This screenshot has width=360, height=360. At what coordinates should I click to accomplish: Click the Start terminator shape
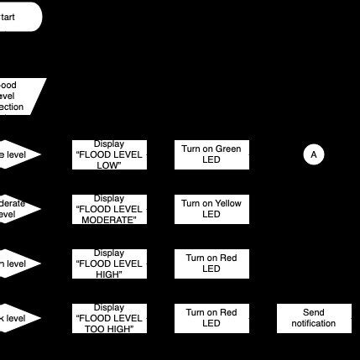click(x=17, y=17)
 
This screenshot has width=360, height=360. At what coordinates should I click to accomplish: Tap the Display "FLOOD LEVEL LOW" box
click(x=109, y=154)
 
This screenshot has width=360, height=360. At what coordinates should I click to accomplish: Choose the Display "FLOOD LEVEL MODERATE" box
click(x=109, y=209)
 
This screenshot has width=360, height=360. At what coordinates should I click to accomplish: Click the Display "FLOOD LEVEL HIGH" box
click(x=109, y=263)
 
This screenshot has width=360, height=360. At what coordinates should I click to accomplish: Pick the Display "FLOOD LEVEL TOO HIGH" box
click(x=109, y=318)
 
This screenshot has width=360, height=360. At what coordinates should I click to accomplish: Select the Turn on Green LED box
click(x=211, y=154)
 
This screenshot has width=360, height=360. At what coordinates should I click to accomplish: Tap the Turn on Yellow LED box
click(x=211, y=209)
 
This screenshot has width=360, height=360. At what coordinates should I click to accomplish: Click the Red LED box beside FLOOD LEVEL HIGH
click(x=211, y=263)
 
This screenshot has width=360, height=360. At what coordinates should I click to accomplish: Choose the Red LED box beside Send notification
click(x=211, y=318)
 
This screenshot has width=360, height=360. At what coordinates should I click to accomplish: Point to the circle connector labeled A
click(x=314, y=154)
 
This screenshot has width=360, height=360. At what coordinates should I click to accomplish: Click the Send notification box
click(x=313, y=318)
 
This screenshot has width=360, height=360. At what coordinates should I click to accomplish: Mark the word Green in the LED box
click(x=228, y=149)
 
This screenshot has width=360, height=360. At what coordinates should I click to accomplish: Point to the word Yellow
click(x=227, y=204)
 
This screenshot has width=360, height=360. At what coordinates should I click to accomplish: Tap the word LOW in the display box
click(x=109, y=165)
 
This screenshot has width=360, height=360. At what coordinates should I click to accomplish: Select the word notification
click(x=313, y=324)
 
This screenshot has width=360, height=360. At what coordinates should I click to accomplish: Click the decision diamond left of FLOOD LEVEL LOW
click(x=17, y=154)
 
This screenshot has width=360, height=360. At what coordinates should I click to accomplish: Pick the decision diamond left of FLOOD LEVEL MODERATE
click(x=17, y=209)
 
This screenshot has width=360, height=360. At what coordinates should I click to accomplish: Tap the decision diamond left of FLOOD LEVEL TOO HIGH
click(x=17, y=318)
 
